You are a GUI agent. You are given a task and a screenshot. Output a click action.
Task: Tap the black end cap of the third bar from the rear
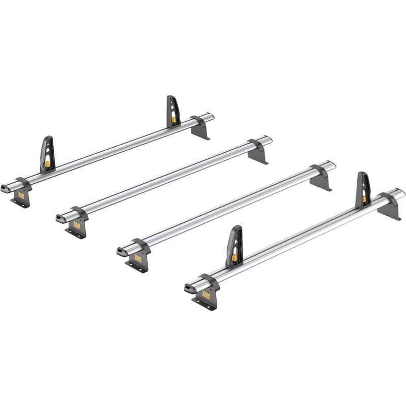(122, 251)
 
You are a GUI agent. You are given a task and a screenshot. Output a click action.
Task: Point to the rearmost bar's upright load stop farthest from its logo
(173, 111)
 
